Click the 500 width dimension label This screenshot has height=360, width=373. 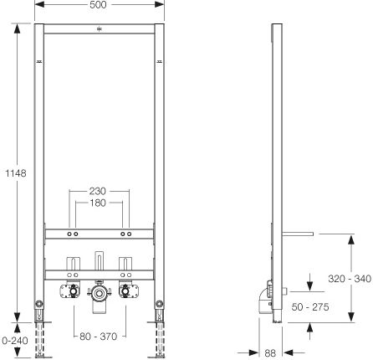click(x=98, y=5)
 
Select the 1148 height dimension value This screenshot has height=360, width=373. click(x=16, y=173)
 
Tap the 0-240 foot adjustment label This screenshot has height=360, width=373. click(x=15, y=341)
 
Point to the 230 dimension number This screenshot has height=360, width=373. click(x=98, y=191)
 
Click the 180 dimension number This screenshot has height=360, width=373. click(x=98, y=203)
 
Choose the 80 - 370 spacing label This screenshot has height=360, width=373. click(x=99, y=337)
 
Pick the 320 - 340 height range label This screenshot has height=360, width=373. click(x=350, y=279)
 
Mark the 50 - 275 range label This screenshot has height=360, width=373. click(x=310, y=307)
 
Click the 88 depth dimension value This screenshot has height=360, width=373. click(x=270, y=353)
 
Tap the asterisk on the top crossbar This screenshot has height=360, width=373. click(x=100, y=28)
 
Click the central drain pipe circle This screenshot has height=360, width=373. click(x=98, y=293)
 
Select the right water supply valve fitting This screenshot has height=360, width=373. click(x=125, y=291)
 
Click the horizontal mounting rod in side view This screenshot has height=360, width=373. click(x=298, y=234)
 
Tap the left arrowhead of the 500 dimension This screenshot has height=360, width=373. click(x=39, y=4)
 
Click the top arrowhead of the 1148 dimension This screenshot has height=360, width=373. click(x=18, y=29)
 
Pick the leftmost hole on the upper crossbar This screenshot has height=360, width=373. click(x=69, y=234)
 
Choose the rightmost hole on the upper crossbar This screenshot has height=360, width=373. click(x=129, y=234)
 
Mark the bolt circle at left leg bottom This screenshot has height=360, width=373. click(x=39, y=304)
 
